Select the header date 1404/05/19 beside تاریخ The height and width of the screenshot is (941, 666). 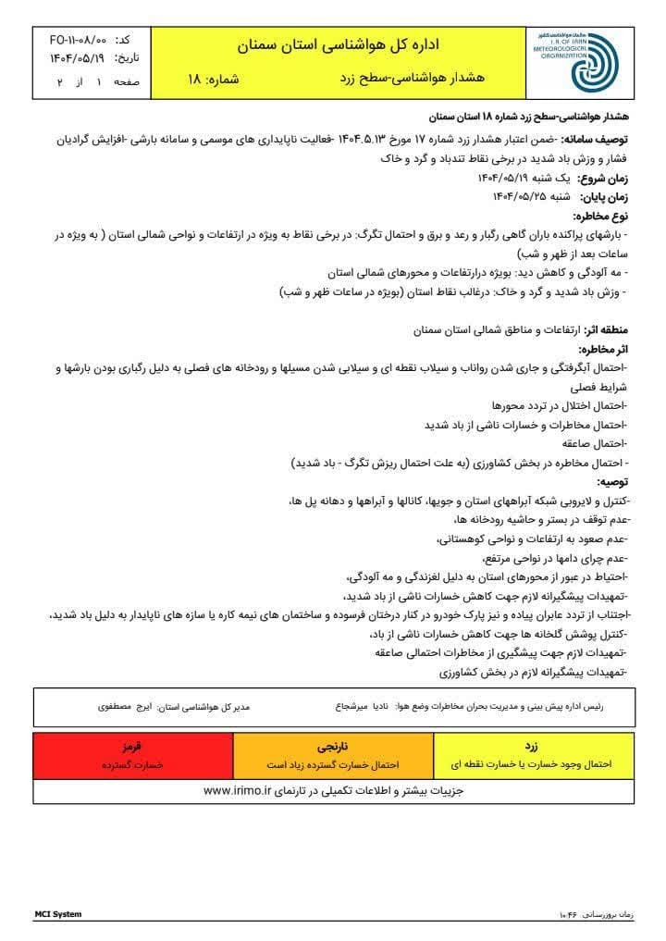pos(78,59)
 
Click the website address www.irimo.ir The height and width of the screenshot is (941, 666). pos(235,791)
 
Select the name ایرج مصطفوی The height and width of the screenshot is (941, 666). pos(127,706)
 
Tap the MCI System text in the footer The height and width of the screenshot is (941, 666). pos(58,914)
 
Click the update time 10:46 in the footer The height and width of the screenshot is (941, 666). pos(568,915)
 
